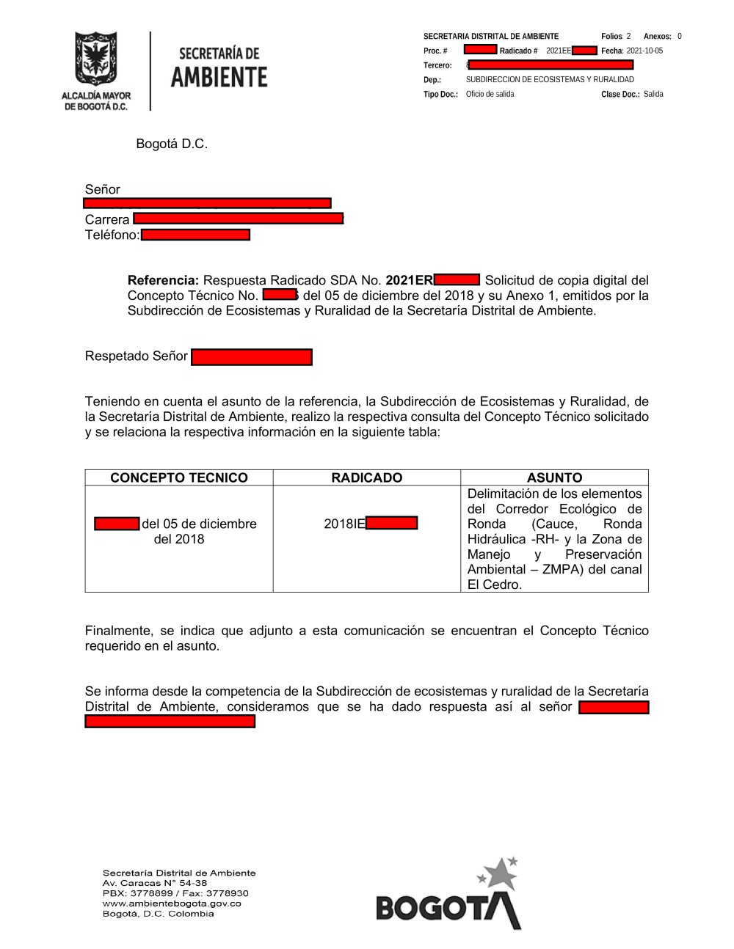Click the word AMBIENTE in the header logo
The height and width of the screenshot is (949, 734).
[219, 77]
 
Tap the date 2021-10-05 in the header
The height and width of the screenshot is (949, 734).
[644, 51]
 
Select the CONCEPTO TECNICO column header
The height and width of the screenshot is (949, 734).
[179, 477]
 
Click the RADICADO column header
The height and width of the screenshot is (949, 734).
[367, 477]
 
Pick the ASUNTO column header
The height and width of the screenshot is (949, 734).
[554, 477]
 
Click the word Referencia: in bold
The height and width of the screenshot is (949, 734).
[163, 280]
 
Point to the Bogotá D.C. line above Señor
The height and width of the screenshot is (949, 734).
[172, 144]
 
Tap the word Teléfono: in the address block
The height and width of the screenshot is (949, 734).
[112, 235]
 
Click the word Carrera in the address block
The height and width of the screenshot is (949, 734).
[107, 219]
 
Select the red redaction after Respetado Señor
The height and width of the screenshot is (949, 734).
[251, 357]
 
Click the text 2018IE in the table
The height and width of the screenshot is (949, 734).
[344, 524]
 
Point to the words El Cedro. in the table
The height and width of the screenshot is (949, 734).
[495, 585]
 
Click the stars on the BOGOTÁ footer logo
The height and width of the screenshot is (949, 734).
[499, 872]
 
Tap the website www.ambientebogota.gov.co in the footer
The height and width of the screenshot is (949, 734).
[172, 904]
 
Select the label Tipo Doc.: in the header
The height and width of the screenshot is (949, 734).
[440, 95]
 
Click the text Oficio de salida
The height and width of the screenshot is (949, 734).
[490, 95]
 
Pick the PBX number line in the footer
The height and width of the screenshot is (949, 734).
[175, 893]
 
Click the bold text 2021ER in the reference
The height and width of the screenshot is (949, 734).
[409, 280]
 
